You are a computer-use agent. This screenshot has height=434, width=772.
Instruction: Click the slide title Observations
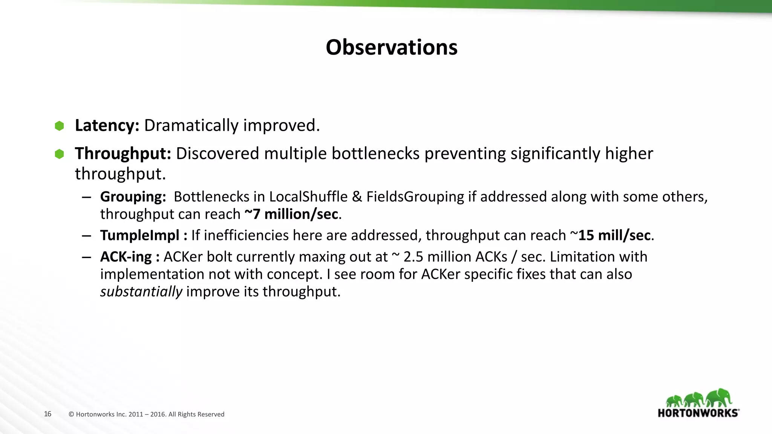(x=391, y=47)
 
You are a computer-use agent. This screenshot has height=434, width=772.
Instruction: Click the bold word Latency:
(x=107, y=125)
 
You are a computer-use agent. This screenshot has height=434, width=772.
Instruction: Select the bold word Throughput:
(x=123, y=154)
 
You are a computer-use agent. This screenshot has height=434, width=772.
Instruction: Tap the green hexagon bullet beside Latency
(x=59, y=126)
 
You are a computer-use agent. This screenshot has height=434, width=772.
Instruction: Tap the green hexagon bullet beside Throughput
(x=59, y=154)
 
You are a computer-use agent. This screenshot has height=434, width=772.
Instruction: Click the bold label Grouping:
(x=133, y=197)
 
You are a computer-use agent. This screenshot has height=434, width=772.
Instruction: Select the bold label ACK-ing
(x=126, y=257)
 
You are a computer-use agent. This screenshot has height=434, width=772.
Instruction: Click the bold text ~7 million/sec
(x=291, y=214)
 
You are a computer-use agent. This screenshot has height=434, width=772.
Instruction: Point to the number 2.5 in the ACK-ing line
(x=413, y=257)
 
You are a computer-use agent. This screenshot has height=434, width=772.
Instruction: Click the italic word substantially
(x=141, y=292)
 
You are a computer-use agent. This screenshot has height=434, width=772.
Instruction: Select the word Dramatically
(x=191, y=125)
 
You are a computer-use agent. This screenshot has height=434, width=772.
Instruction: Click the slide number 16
(x=47, y=414)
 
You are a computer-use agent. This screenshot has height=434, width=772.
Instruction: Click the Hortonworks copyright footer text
(x=146, y=414)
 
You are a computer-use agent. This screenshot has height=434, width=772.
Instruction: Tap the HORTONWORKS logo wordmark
(x=698, y=413)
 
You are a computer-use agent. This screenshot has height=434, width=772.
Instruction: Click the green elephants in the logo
(x=698, y=398)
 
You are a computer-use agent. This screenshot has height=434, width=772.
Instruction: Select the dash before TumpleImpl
(x=86, y=236)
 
